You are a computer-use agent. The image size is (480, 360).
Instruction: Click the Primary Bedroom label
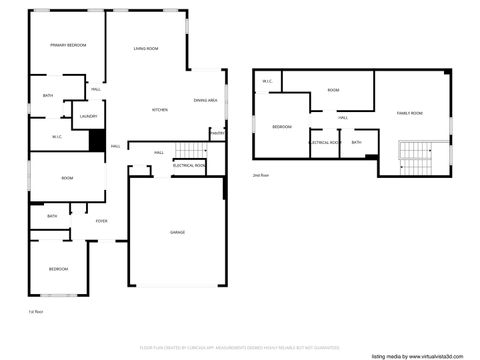pyautogui.click(x=68, y=45)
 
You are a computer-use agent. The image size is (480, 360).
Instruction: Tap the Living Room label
pyautogui.click(x=147, y=48)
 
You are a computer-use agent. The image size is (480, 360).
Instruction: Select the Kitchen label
pyautogui.click(x=159, y=109)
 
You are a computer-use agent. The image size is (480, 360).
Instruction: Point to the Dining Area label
pyautogui.click(x=206, y=101)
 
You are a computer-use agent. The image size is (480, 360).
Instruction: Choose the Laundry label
pyautogui.click(x=87, y=117)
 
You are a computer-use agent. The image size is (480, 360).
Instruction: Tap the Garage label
pyautogui.click(x=177, y=231)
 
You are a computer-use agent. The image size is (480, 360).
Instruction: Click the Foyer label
pyautogui.click(x=102, y=221)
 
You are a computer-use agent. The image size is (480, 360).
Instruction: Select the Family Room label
pyautogui.click(x=410, y=114)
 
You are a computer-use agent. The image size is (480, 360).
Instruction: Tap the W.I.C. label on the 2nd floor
pyautogui.click(x=268, y=82)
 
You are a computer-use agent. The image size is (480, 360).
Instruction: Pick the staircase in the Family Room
pyautogui.click(x=413, y=153)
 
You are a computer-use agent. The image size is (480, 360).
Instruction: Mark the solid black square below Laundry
pyautogui.click(x=97, y=141)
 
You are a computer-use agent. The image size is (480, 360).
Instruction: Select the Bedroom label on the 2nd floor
pyautogui.click(x=282, y=127)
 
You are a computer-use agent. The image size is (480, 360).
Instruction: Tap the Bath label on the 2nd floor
pyautogui.click(x=357, y=143)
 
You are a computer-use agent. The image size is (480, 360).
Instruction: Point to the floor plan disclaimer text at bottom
pyautogui.click(x=239, y=347)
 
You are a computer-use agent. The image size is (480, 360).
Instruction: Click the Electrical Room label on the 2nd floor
pyautogui.click(x=325, y=143)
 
